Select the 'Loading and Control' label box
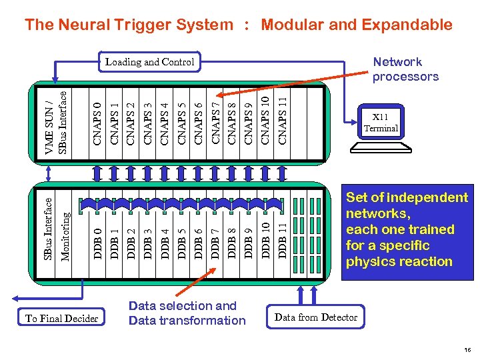click(x=150, y=62)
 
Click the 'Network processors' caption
click(x=405, y=69)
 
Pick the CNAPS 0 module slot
click(x=97, y=113)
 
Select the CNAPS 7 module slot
click(x=215, y=113)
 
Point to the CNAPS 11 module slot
click(x=283, y=113)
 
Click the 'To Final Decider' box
click(x=61, y=319)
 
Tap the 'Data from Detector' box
click(x=316, y=317)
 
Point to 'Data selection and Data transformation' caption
click(x=187, y=313)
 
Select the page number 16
click(x=467, y=349)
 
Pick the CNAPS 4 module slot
click(x=165, y=113)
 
